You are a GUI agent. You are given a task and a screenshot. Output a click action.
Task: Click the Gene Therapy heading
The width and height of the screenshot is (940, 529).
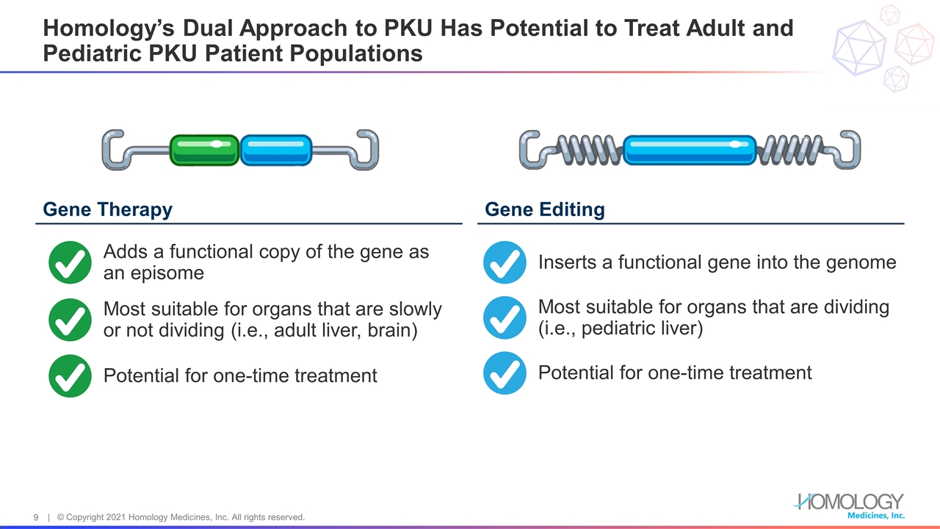(x=108, y=209)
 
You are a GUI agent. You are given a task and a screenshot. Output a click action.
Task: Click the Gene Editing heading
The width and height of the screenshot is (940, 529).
(x=545, y=209)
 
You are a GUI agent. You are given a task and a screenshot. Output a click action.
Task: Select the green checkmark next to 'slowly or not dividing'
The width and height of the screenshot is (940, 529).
(x=70, y=320)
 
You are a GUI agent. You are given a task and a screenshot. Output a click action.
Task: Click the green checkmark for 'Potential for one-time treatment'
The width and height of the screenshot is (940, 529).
(x=70, y=375)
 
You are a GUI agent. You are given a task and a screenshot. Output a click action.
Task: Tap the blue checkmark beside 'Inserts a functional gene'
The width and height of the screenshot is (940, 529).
(x=505, y=262)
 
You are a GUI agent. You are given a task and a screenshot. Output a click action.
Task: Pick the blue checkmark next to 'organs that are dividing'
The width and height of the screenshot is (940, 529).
(x=505, y=317)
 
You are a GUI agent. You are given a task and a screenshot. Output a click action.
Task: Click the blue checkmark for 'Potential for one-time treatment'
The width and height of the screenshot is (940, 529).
(x=505, y=373)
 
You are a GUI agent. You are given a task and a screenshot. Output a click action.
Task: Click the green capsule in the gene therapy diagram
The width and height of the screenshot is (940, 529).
(x=204, y=150)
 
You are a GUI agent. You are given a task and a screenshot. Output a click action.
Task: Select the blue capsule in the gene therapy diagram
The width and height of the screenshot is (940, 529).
(x=276, y=150)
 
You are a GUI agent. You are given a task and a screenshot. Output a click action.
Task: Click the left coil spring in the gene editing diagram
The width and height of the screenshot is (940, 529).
(x=587, y=150)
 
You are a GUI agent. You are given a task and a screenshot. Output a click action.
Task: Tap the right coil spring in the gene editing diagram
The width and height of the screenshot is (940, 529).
(x=793, y=150)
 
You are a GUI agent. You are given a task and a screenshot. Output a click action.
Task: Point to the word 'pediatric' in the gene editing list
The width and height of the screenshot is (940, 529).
(x=614, y=328)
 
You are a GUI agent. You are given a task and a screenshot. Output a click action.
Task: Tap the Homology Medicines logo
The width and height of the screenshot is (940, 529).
(x=849, y=505)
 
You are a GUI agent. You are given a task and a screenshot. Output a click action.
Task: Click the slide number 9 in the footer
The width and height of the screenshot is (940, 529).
(x=36, y=518)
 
